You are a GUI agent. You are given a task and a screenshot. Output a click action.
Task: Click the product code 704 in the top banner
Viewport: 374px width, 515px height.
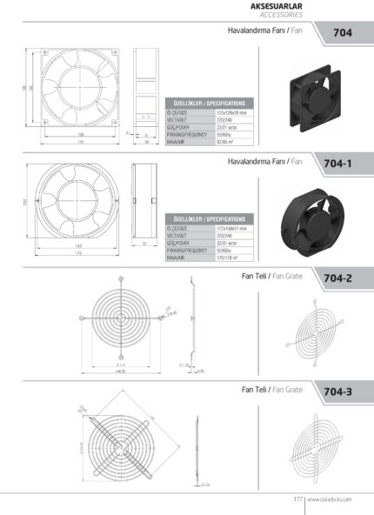point(343,34)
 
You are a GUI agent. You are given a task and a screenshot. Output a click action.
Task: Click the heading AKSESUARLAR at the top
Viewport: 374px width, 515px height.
point(276,6)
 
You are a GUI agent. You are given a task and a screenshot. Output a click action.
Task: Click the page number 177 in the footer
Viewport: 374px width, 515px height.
point(296,499)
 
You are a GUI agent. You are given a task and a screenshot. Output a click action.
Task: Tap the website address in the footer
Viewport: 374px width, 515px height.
point(329,499)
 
